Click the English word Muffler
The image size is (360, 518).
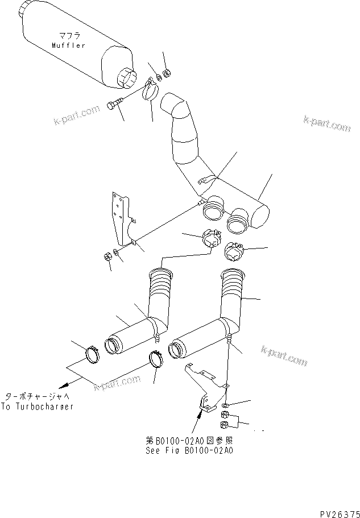coord(68,45)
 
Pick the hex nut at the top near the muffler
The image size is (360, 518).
coord(168,73)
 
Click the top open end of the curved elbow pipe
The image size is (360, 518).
coord(173,104)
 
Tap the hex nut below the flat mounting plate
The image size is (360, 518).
coord(107,258)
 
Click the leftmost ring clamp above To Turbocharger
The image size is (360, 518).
coord(92,355)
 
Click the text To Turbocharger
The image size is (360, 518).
coord(39,407)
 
